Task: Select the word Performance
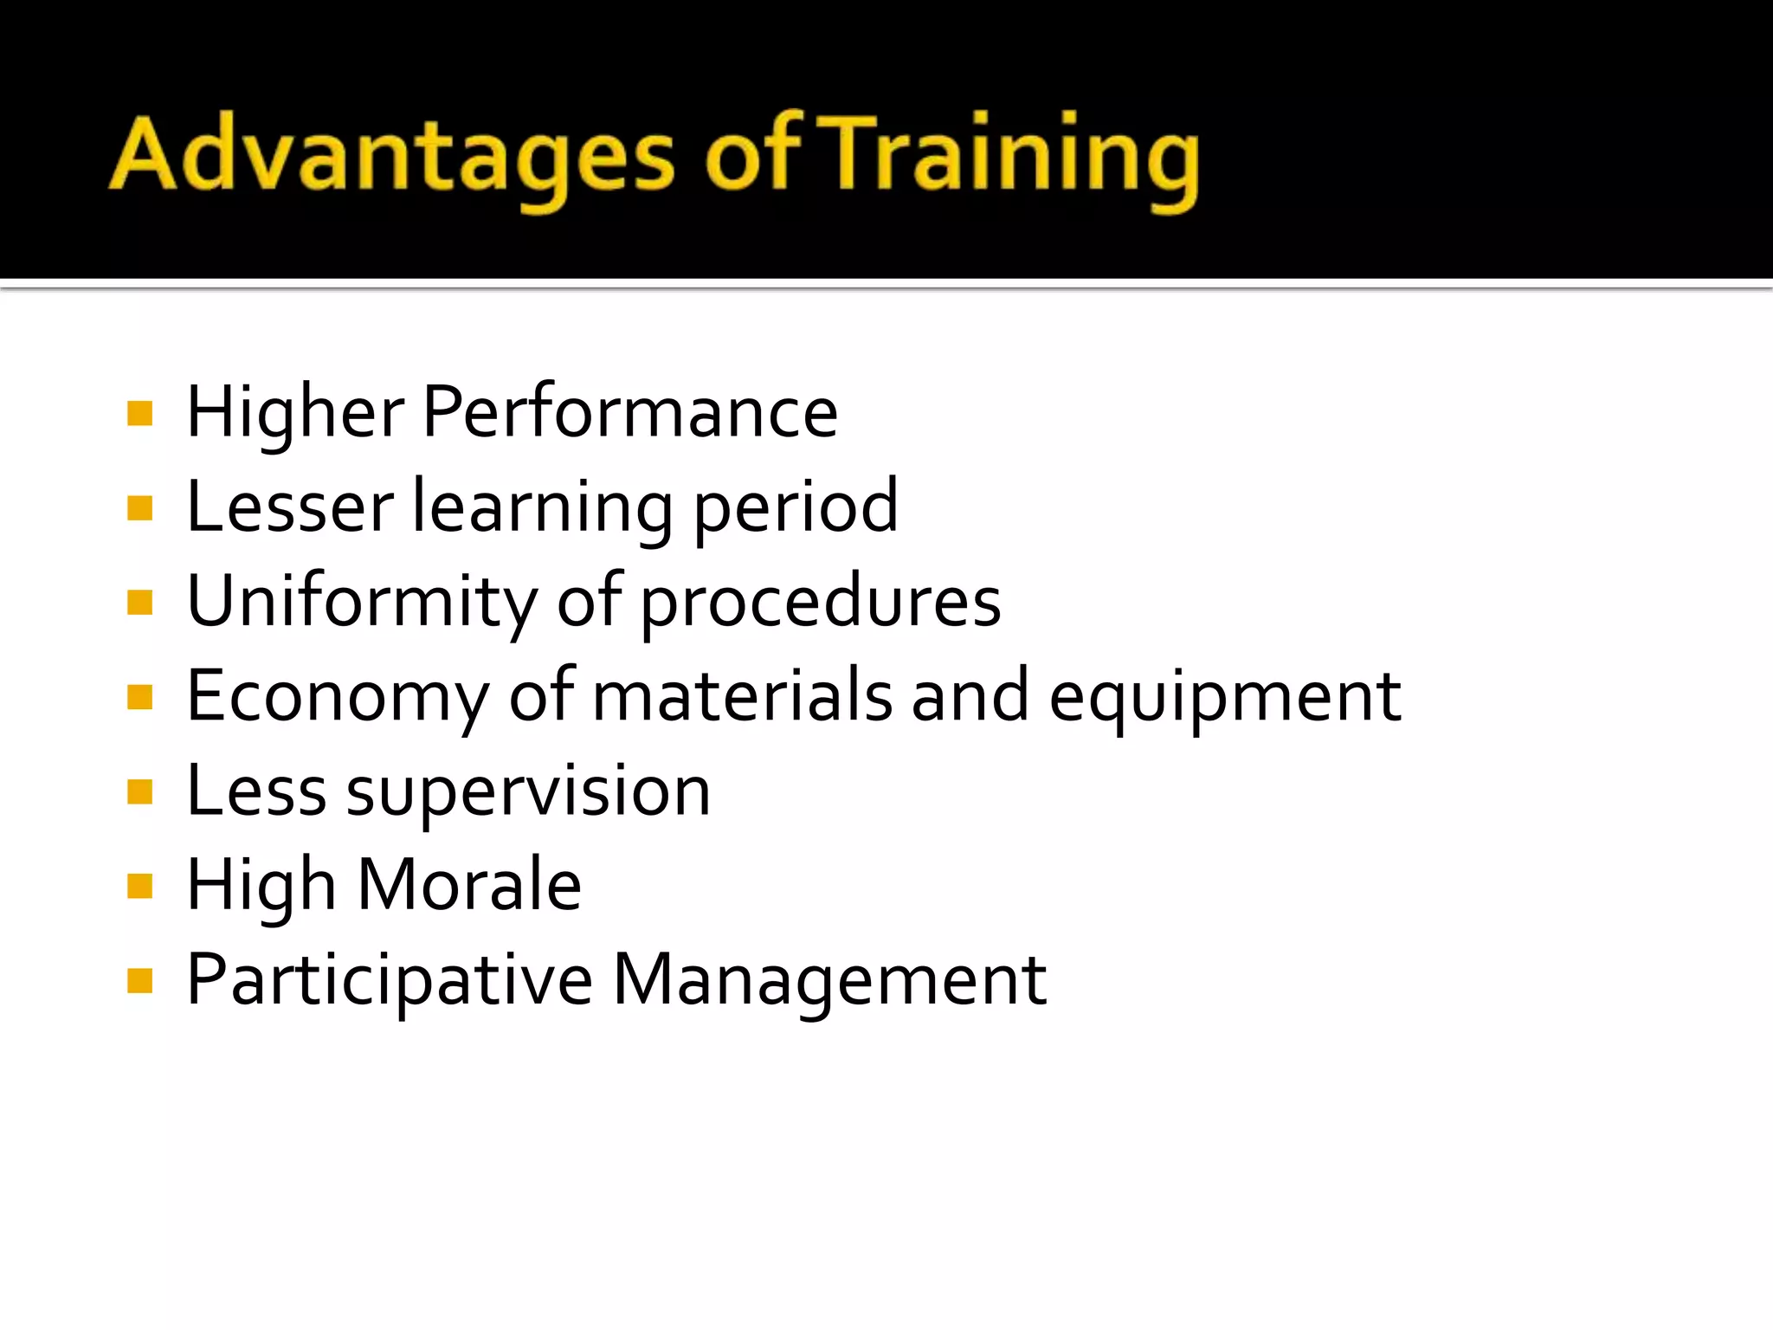point(629,412)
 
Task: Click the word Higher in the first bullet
point(295,412)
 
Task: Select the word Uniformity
point(362,601)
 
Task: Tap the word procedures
point(821,601)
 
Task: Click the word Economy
point(338,696)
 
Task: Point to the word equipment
point(1225,696)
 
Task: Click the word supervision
point(528,791)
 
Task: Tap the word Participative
point(390,980)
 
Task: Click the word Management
point(829,980)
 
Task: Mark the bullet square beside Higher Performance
point(139,413)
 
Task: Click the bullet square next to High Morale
point(139,886)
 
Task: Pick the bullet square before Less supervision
point(139,791)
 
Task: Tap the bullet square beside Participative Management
point(139,981)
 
